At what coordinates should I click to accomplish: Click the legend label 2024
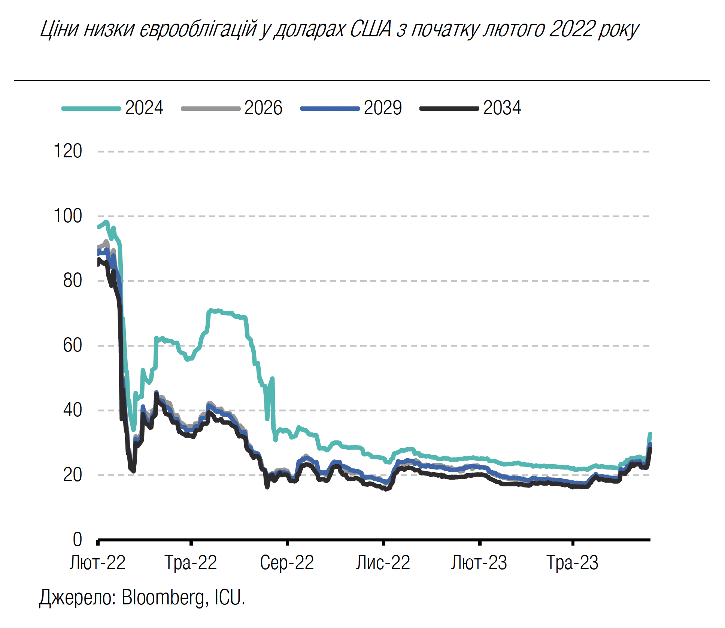coord(144,108)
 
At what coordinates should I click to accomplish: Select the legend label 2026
coord(263,108)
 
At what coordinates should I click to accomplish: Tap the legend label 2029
coord(383,108)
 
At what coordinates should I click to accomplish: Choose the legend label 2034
coord(502,108)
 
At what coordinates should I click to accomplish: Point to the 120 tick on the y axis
coord(68,151)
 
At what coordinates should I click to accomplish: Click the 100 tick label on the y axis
coord(68,216)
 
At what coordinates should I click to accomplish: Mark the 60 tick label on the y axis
coord(72,345)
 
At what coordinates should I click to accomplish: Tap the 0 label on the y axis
coord(77,540)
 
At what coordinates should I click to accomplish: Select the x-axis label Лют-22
coord(97,563)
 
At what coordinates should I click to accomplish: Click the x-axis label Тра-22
coord(191,563)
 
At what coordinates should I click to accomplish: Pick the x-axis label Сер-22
coord(287,563)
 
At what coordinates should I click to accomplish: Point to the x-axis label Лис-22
coord(383,563)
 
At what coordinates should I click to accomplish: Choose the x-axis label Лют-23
coord(479,563)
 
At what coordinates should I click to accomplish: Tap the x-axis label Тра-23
coord(573,563)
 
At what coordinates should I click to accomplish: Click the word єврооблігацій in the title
coord(198,29)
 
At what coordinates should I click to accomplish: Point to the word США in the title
coord(371,29)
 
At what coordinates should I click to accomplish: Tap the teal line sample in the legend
coord(91,109)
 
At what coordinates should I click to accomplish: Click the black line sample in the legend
coord(449,109)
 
